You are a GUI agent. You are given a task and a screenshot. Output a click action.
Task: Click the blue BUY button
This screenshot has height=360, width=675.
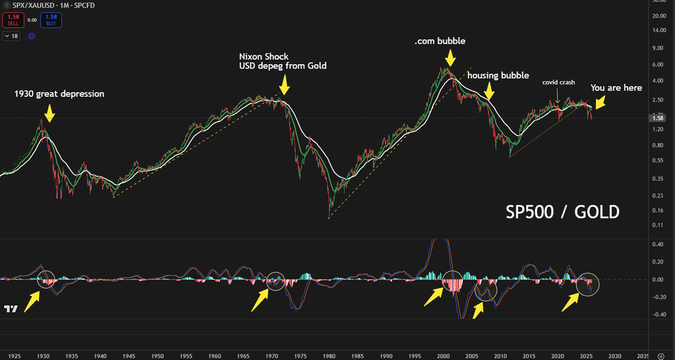52,20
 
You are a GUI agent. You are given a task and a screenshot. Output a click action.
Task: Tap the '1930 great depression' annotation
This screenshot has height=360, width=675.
59,94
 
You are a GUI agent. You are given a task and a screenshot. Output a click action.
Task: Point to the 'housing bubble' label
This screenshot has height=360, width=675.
498,75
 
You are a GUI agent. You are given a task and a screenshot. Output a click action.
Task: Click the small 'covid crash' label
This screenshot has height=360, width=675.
559,83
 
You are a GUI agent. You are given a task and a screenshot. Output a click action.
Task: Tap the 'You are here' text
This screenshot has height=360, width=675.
616,88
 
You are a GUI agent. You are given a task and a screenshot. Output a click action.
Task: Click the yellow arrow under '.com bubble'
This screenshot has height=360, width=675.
450,58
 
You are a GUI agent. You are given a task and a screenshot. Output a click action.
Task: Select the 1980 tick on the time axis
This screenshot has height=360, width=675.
329,355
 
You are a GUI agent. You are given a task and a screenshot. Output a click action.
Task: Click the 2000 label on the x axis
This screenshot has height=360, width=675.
443,355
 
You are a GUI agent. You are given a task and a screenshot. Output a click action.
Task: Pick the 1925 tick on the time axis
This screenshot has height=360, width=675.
15,355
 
